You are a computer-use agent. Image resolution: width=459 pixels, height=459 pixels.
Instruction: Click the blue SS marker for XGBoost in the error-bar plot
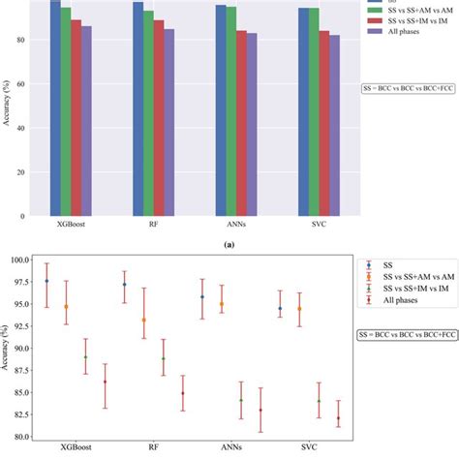coord(46,281)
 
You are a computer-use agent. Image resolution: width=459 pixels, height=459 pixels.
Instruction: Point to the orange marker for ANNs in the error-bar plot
coord(222,304)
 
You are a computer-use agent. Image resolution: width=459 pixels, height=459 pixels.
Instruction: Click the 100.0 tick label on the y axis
coord(17,260)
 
